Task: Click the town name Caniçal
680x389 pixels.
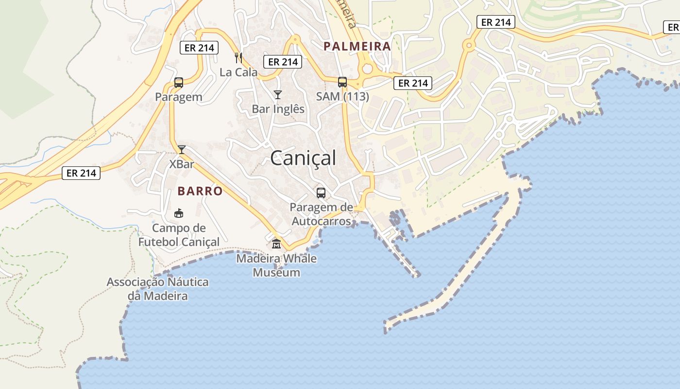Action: [x=303, y=158]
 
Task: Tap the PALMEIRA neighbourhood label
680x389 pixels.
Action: [x=357, y=46]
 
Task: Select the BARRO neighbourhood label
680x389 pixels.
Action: [x=200, y=191]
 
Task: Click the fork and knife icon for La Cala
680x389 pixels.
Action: [x=238, y=58]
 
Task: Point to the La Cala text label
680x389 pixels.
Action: [x=238, y=72]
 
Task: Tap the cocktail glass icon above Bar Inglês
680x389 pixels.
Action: [x=277, y=94]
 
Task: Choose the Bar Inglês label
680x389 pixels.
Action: [x=278, y=109]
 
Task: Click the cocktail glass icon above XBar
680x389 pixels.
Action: [x=182, y=150]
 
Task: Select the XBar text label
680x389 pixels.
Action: [x=182, y=164]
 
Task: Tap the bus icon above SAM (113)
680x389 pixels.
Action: [x=342, y=82]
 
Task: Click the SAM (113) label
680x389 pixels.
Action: [x=342, y=96]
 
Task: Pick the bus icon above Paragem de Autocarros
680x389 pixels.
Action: [x=321, y=193]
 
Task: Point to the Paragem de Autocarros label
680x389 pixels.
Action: [x=321, y=214]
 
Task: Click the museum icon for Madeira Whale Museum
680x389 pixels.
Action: [x=276, y=244]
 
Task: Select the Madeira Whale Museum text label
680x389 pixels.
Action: [x=276, y=265]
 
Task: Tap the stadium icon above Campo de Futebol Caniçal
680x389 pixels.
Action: [x=179, y=213]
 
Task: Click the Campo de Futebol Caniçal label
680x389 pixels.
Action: [x=179, y=234]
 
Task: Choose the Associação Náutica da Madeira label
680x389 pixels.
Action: [x=157, y=288]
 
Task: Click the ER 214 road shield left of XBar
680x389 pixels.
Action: [x=81, y=173]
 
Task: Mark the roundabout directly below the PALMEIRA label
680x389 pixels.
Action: [x=367, y=69]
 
